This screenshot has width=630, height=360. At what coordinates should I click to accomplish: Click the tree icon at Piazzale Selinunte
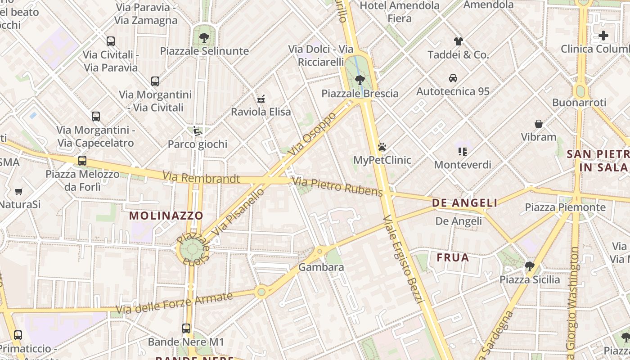pyautogui.click(x=204, y=38)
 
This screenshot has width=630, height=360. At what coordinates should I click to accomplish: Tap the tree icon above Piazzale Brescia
pyautogui.click(x=360, y=80)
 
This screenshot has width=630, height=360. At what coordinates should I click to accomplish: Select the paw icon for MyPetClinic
pyautogui.click(x=382, y=147)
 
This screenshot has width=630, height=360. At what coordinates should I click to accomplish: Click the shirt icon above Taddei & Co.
pyautogui.click(x=458, y=41)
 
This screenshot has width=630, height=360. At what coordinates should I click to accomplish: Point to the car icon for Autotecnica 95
pyautogui.click(x=453, y=78)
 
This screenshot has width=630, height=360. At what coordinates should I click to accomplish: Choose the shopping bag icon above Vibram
pyautogui.click(x=538, y=123)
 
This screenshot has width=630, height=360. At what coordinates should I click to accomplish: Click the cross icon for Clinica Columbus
pyautogui.click(x=603, y=36)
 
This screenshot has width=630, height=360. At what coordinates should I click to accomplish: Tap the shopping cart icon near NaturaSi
pyautogui.click(x=19, y=192)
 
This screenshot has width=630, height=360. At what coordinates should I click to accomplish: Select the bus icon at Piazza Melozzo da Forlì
pyautogui.click(x=82, y=161)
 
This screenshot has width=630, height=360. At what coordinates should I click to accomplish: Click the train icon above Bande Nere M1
pyautogui.click(x=186, y=328)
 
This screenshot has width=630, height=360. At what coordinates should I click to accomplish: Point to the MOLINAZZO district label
pyautogui.click(x=166, y=216)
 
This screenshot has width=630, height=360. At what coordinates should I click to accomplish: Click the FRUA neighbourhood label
pyautogui.click(x=453, y=258)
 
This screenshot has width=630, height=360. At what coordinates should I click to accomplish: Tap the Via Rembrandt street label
pyautogui.click(x=201, y=178)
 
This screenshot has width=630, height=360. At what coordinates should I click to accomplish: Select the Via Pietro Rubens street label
pyautogui.click(x=337, y=187)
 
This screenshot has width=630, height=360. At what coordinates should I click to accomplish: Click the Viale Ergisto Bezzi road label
pyautogui.click(x=404, y=259)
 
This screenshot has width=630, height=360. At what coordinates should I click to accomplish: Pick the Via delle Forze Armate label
pyautogui.click(x=174, y=303)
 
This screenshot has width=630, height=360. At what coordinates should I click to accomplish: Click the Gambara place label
pyautogui.click(x=321, y=267)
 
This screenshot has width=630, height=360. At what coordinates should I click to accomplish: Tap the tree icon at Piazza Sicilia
pyautogui.click(x=529, y=266)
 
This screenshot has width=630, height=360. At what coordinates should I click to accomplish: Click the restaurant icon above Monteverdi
pyautogui.click(x=462, y=151)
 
